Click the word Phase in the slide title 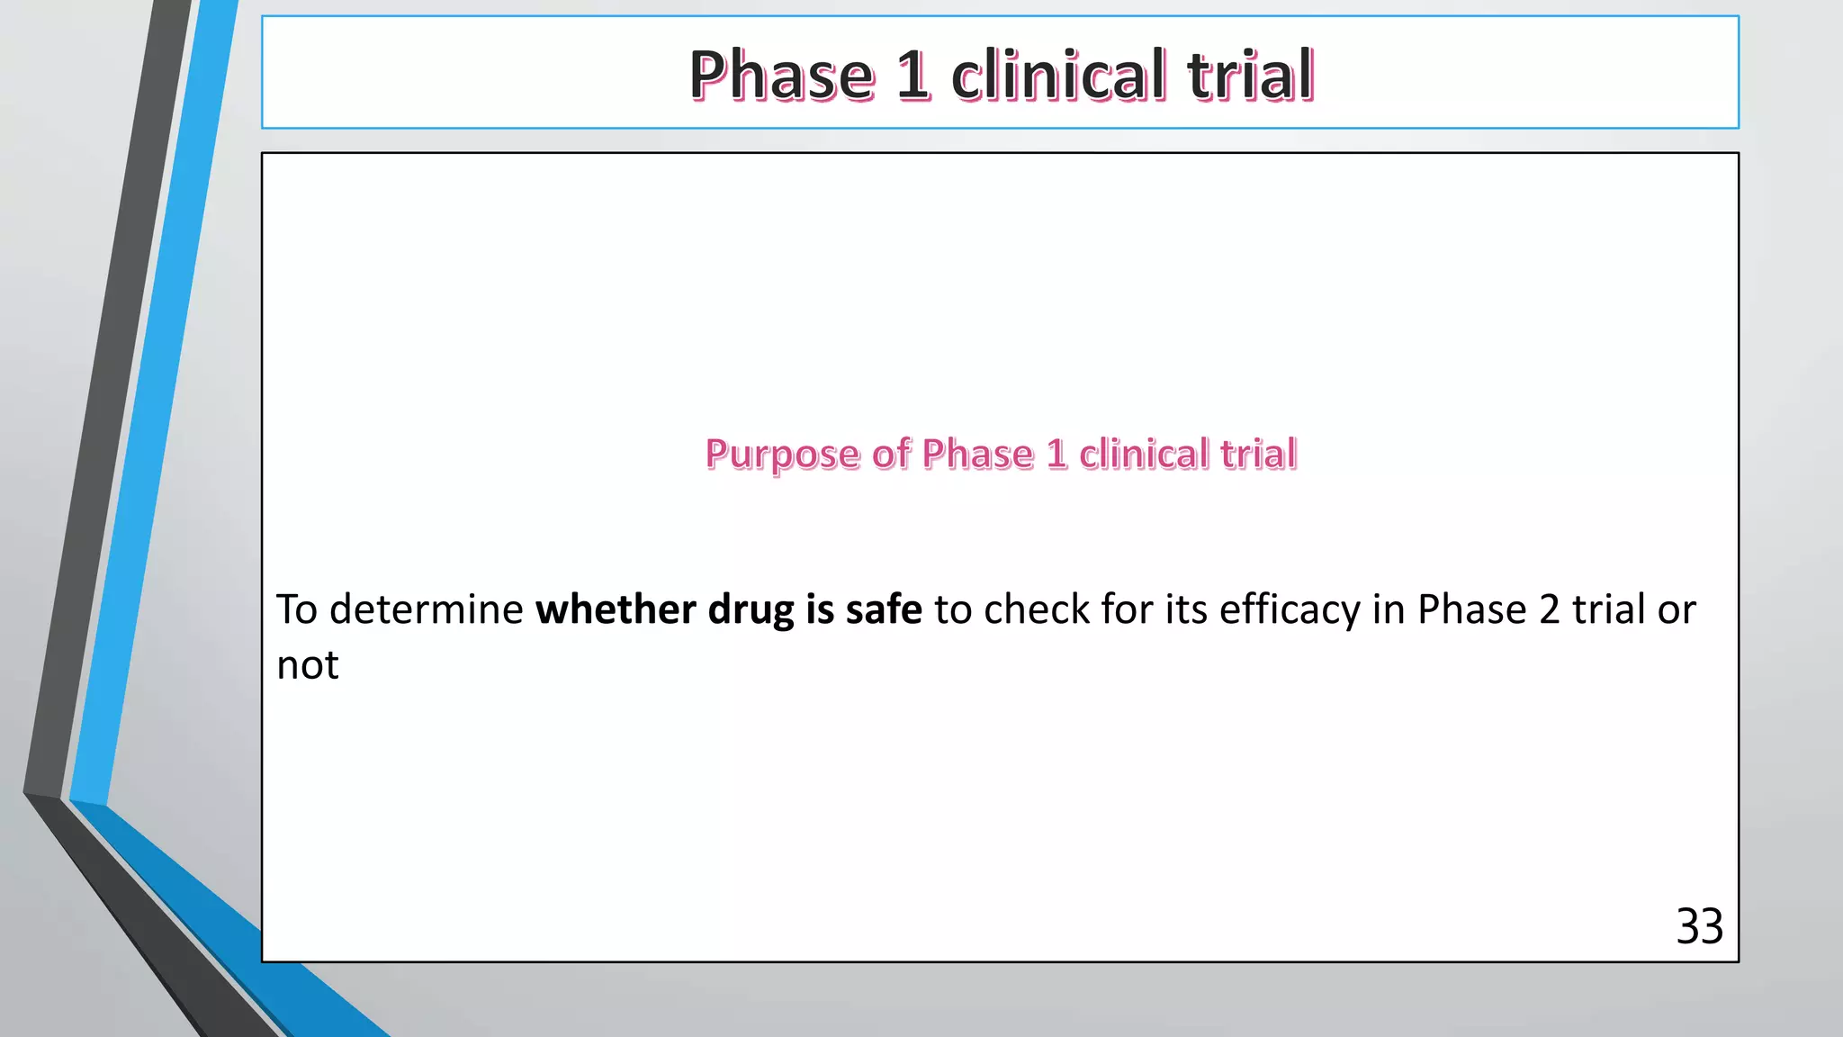tap(781, 75)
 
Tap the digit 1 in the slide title tap(913, 75)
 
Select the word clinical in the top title tap(1058, 75)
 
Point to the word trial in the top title tap(1250, 75)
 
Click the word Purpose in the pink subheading tap(782, 455)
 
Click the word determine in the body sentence tap(427, 609)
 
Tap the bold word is tap(820, 609)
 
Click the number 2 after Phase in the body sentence tap(1549, 609)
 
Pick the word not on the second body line tap(308, 666)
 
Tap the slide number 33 tap(1699, 926)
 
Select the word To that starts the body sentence tap(297, 609)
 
